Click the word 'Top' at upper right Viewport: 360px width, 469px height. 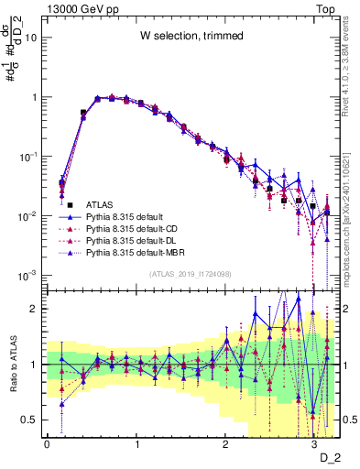point(327,8)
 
